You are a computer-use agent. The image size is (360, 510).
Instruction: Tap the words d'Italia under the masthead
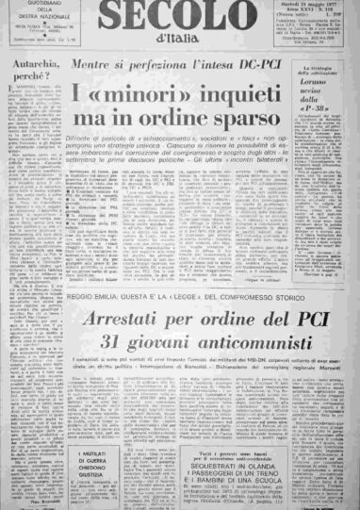pyautogui.click(x=179, y=37)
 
